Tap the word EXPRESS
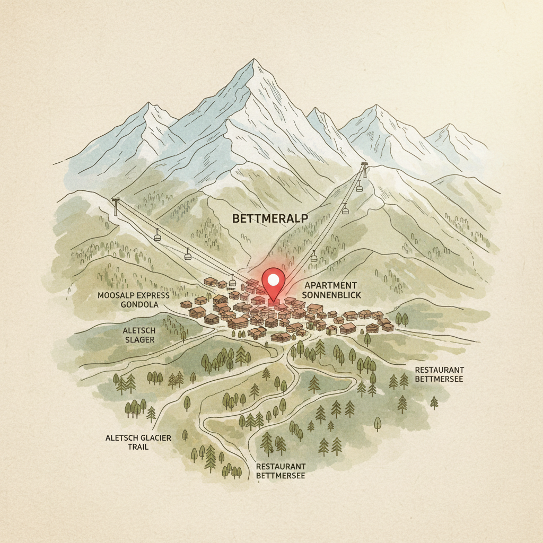152,295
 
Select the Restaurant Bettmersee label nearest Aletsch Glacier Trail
280,470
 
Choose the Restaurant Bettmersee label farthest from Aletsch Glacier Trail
439,374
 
